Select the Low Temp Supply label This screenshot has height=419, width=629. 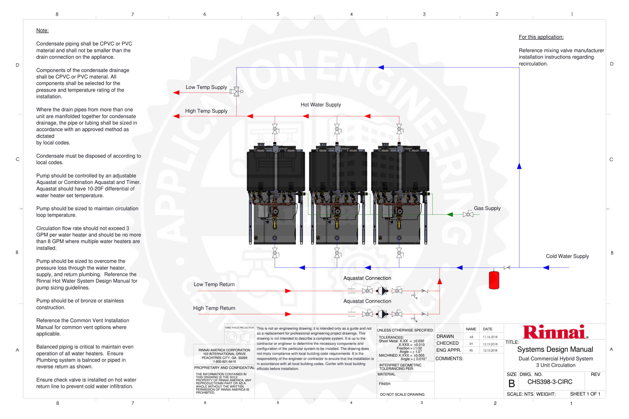(x=206, y=87)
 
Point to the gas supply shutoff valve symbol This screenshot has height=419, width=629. (x=468, y=214)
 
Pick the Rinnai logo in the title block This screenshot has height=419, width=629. (x=555, y=332)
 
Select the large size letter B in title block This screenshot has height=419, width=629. (x=511, y=383)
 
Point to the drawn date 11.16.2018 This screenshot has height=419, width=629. (x=490, y=337)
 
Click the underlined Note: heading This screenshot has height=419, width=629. (x=42, y=30)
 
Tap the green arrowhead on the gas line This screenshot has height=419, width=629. (x=450, y=214)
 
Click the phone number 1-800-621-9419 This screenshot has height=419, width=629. (x=224, y=362)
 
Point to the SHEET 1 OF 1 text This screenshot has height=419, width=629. (x=585, y=394)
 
